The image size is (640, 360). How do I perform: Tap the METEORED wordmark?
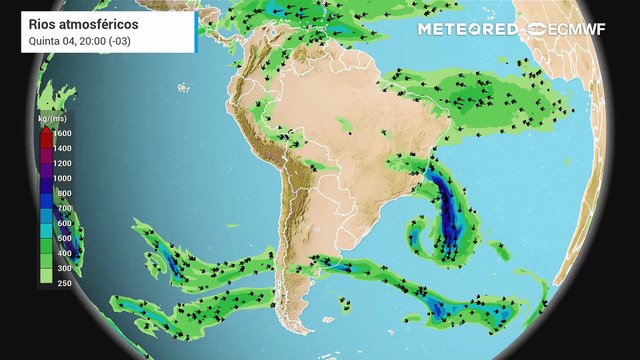[467, 28]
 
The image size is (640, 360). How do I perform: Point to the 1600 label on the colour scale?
[62, 133]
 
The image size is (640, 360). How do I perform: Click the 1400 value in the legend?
[62, 148]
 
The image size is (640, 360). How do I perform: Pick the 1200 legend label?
[62, 163]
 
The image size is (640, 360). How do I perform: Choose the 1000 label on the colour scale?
[62, 178]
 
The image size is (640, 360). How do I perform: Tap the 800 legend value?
[62, 193]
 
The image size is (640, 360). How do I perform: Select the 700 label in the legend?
[62, 208]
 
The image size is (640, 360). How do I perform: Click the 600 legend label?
[62, 223]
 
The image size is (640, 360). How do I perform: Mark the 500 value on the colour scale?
[62, 238]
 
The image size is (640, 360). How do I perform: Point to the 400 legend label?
[62, 253]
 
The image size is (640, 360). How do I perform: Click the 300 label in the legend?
[62, 268]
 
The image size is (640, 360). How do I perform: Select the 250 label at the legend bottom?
[62, 283]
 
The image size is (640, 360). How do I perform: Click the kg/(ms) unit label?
[53, 119]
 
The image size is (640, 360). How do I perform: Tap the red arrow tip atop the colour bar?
[46, 128]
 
